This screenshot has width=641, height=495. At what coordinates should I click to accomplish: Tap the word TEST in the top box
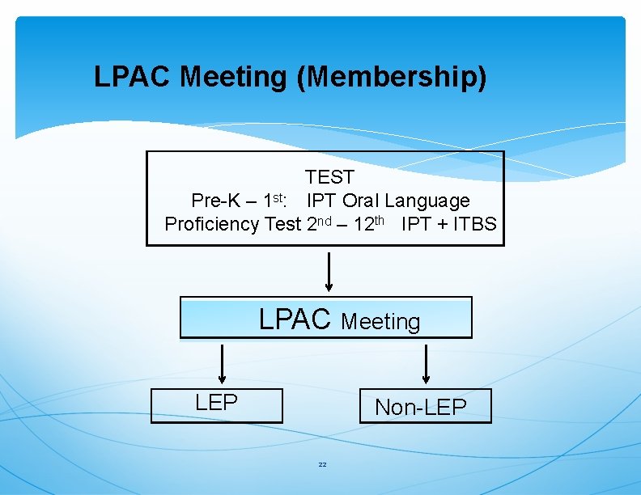[329, 176]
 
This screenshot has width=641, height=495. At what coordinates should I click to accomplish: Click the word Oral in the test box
[361, 200]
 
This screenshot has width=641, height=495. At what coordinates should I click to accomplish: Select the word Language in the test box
[427, 200]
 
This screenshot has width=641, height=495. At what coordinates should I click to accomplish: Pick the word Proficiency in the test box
[212, 224]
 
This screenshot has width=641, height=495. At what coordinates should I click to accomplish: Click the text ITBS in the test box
[474, 224]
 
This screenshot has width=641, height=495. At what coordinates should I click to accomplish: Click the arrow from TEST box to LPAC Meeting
[328, 272]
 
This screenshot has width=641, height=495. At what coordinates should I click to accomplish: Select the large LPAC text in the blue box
[295, 319]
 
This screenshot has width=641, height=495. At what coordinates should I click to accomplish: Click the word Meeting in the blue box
[380, 322]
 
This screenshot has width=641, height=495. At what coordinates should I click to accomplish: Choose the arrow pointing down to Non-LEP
[426, 364]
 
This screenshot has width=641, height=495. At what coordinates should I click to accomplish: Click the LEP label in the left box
[216, 402]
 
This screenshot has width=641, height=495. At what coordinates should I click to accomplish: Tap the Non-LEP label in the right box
[420, 407]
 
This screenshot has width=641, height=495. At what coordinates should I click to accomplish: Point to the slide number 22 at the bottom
[322, 464]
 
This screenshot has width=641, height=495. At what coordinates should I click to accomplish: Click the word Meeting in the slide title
[233, 78]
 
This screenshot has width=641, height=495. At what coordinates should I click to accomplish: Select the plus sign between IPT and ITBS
[441, 225]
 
